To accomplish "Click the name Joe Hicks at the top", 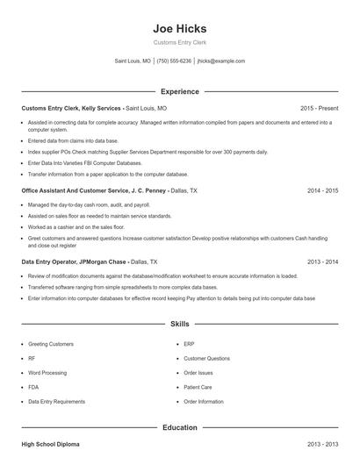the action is pyautogui.click(x=179, y=28).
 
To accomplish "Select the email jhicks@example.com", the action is pyautogui.click(x=221, y=61).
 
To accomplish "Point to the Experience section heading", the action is pyautogui.click(x=179, y=91).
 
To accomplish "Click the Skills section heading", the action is pyautogui.click(x=179, y=324).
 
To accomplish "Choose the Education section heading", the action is pyautogui.click(x=179, y=427).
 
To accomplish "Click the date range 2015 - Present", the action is pyautogui.click(x=319, y=108).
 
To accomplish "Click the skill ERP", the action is pyautogui.click(x=189, y=345).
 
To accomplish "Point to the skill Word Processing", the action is pyautogui.click(x=47, y=373).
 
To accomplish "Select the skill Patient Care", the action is pyautogui.click(x=198, y=387).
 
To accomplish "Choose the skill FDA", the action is pyautogui.click(x=33, y=387).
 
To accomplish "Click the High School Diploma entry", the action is pyautogui.click(x=51, y=445).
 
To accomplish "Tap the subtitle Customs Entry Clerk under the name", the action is pyautogui.click(x=179, y=42).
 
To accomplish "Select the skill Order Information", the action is pyautogui.click(x=203, y=401).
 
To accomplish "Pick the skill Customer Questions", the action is pyautogui.click(x=206, y=359).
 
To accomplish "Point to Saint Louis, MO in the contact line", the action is pyautogui.click(x=133, y=61).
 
